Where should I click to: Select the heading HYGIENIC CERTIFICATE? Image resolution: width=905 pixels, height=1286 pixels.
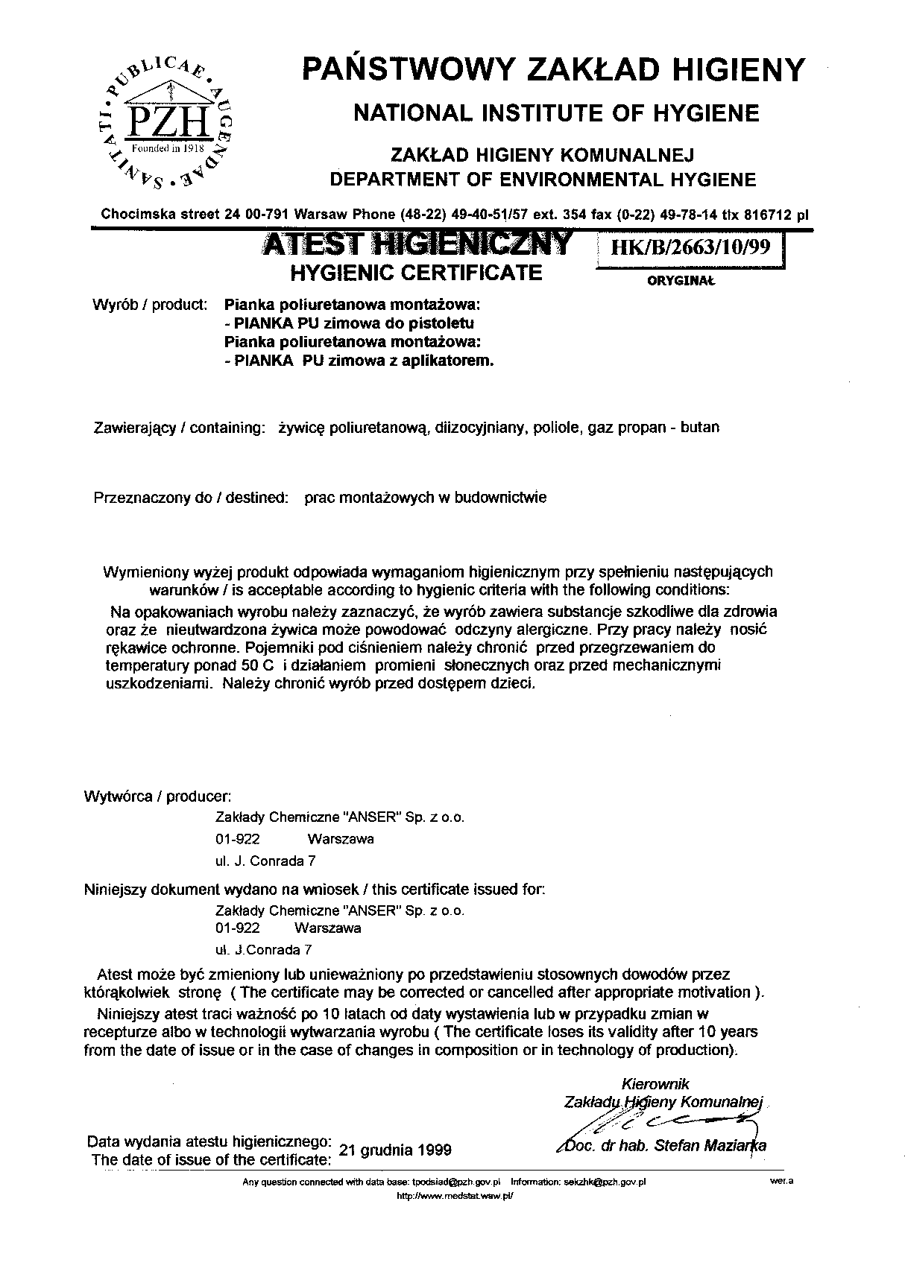pyautogui.click(x=415, y=273)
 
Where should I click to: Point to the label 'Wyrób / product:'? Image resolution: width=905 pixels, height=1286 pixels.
pyautogui.click(x=149, y=305)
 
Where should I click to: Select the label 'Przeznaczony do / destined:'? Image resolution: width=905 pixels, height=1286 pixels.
pyautogui.click(x=191, y=498)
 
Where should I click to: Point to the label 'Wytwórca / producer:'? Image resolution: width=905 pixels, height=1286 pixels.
pyautogui.click(x=157, y=796)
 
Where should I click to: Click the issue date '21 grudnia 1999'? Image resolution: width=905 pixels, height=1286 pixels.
pyautogui.click(x=394, y=1149)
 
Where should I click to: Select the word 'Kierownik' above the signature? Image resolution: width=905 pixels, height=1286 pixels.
pyautogui.click(x=655, y=1084)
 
